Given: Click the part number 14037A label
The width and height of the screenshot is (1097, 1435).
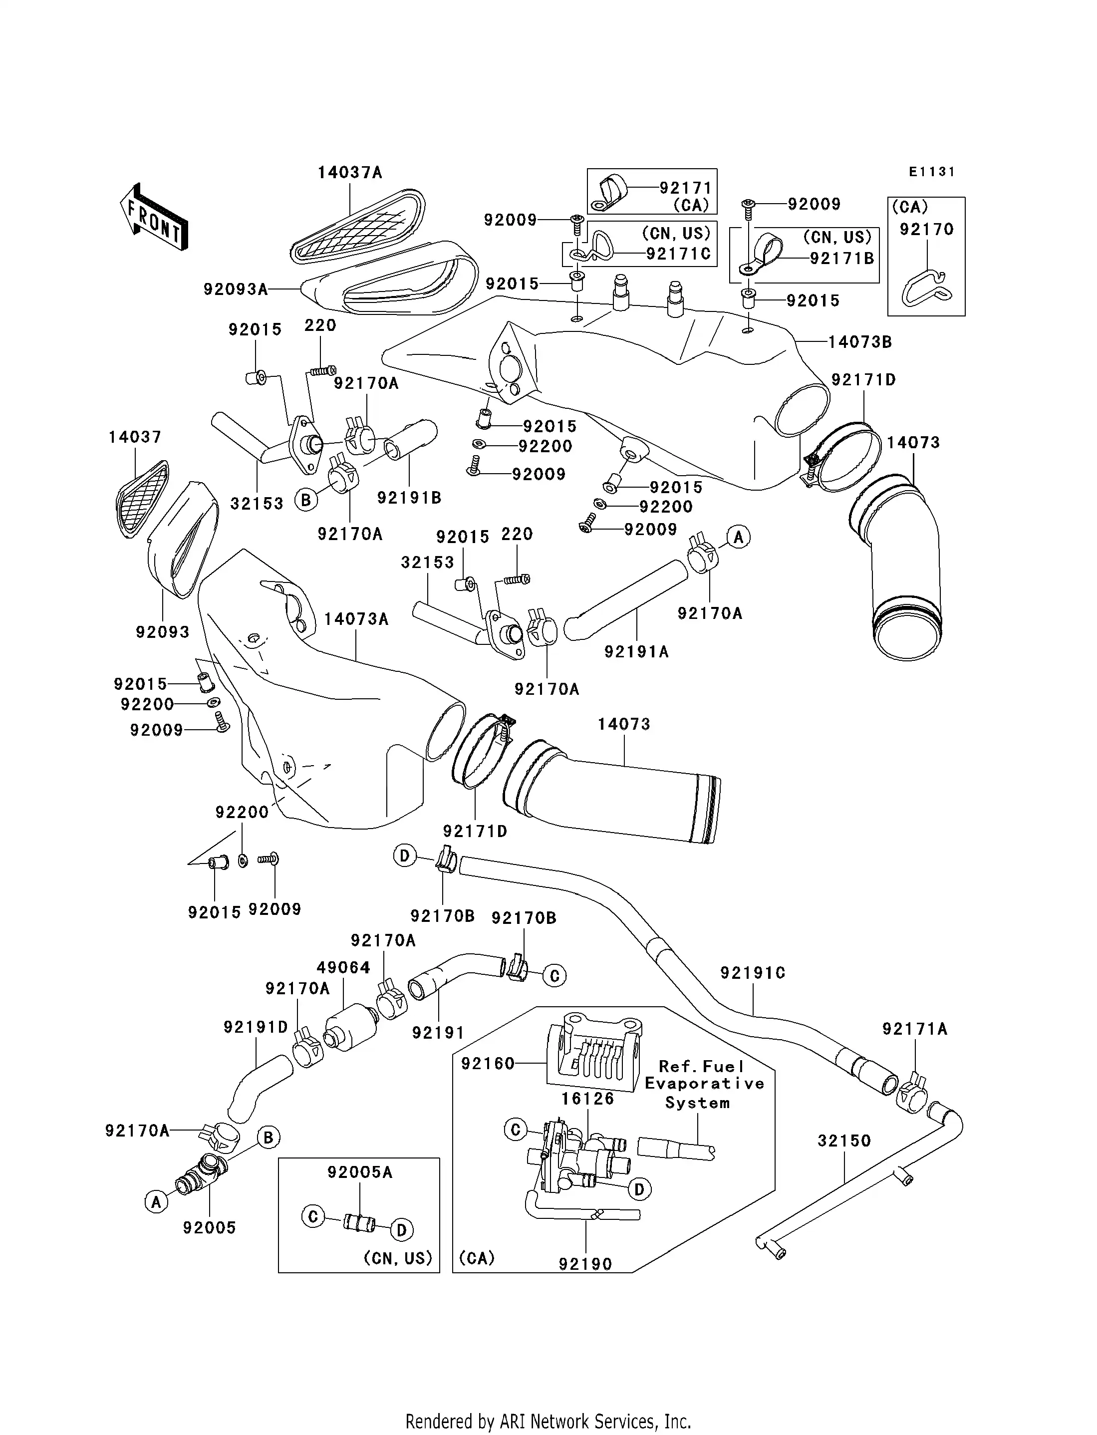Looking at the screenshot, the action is tap(350, 172).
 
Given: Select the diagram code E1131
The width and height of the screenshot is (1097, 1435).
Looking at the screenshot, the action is tap(932, 172).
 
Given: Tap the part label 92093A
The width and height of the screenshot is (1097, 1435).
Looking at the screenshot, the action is tap(236, 288).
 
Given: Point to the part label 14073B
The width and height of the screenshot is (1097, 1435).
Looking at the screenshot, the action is tap(860, 342).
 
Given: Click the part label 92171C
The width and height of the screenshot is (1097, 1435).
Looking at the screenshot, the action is tap(678, 254).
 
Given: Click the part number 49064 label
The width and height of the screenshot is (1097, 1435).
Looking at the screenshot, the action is tap(343, 967).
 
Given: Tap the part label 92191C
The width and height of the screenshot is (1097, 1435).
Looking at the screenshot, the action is tap(753, 991).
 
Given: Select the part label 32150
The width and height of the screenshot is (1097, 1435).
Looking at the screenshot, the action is tap(844, 1141).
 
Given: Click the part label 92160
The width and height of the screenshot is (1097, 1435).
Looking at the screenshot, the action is tap(489, 1064).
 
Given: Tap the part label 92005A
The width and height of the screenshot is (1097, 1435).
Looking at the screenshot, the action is tap(360, 1172).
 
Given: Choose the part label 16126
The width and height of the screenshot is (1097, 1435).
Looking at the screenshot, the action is tap(588, 1099).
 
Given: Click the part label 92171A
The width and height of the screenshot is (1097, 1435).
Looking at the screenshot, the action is tap(915, 1029).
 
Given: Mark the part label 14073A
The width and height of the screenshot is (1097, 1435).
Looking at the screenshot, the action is tap(356, 619).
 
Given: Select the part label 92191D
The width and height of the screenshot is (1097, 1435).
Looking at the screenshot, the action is tap(256, 1027).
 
